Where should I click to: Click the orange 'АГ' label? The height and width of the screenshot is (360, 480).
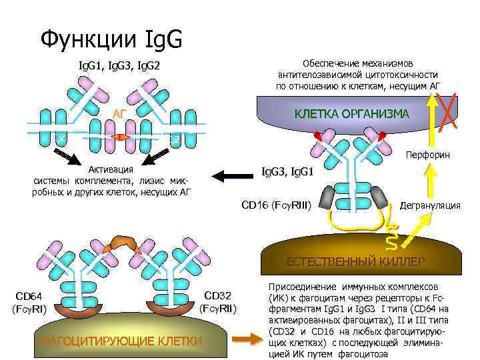[x=119, y=115]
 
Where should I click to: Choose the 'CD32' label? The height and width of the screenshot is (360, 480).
[x=217, y=296]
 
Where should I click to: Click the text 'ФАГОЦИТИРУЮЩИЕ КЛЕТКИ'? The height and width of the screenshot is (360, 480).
[x=121, y=341]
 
